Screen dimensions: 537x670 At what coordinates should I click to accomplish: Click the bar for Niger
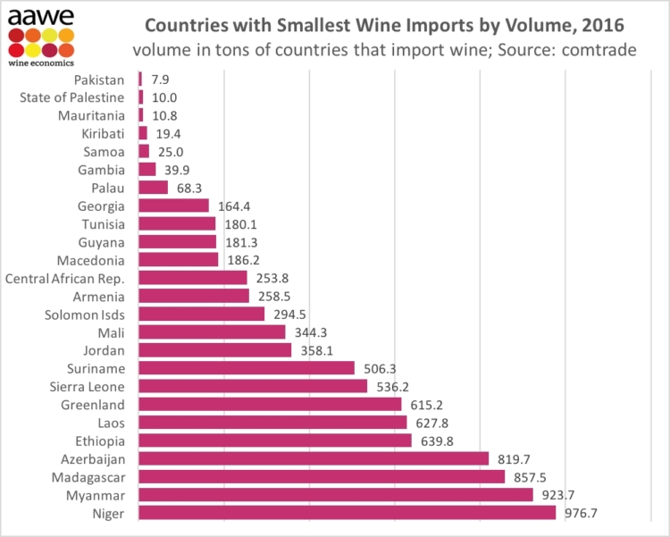[x=348, y=513]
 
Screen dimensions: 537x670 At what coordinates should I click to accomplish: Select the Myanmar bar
[x=336, y=494]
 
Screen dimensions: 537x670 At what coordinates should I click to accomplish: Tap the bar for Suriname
[x=247, y=368]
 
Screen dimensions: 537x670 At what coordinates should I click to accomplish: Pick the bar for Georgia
[x=174, y=206]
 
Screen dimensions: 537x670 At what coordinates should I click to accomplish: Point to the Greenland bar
[x=270, y=404]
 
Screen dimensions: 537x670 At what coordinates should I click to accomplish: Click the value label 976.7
[x=582, y=513]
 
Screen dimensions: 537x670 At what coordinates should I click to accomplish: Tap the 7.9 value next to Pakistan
[x=162, y=80]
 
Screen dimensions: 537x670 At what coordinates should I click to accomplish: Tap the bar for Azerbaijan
[x=314, y=458]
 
